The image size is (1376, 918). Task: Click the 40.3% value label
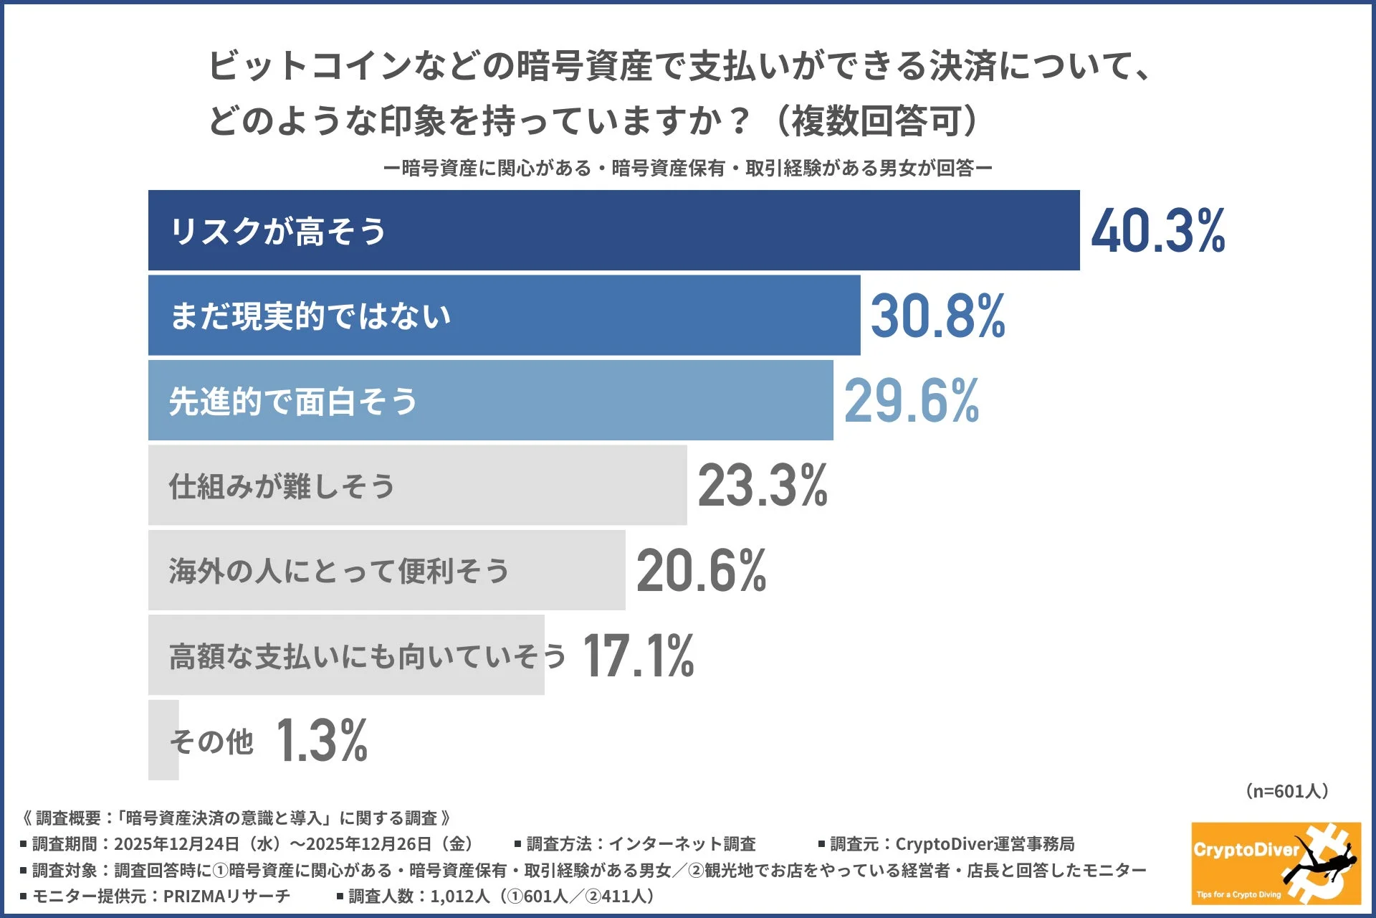click(x=1157, y=231)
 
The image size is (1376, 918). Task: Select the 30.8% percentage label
click(x=937, y=316)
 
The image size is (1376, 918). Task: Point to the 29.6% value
click(x=911, y=401)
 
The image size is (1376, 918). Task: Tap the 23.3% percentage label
click(x=763, y=486)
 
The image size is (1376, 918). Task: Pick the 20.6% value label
click(x=701, y=571)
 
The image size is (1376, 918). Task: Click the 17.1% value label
click(x=638, y=656)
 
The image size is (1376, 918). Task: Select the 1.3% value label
click(x=321, y=741)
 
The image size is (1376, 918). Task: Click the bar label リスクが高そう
click(x=278, y=231)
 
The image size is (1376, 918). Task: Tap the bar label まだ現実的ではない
click(x=310, y=316)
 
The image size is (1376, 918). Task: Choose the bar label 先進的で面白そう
click(x=292, y=401)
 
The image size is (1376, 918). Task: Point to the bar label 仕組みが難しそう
click(x=281, y=486)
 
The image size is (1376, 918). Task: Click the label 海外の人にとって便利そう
click(x=338, y=571)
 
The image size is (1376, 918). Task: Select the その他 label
click(x=211, y=741)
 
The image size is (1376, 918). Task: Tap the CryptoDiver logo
click(x=1276, y=863)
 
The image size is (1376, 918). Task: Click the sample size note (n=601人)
click(x=1287, y=791)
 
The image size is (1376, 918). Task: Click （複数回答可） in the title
click(x=876, y=120)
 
